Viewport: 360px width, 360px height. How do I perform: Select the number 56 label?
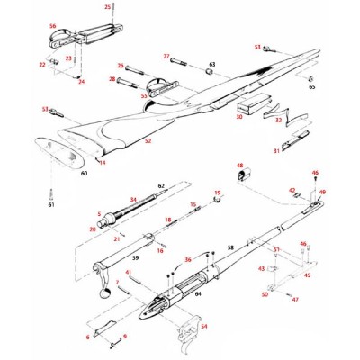(52, 27)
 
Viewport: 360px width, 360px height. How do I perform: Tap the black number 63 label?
(212, 65)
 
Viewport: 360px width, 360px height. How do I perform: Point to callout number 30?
(238, 117)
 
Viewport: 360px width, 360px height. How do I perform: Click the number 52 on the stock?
(148, 141)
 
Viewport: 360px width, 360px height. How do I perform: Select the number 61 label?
(52, 205)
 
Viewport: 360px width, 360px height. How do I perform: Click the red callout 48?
(240, 166)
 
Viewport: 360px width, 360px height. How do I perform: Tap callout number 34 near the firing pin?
(132, 199)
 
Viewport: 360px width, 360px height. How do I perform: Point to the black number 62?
(163, 186)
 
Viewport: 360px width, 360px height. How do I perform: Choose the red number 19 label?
(217, 193)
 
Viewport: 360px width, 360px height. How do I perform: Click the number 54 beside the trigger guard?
(203, 326)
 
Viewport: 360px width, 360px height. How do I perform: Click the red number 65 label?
(311, 87)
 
